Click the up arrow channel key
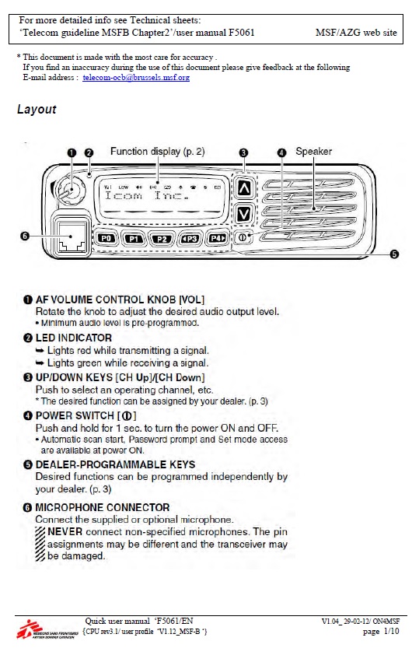pyautogui.click(x=244, y=187)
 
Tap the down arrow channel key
pyautogui.click(x=244, y=212)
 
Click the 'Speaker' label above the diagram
pyautogui.click(x=314, y=152)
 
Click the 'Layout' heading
pyautogui.click(x=37, y=110)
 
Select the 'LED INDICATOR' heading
pyautogui.click(x=74, y=338)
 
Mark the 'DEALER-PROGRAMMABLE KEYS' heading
pyautogui.click(x=116, y=464)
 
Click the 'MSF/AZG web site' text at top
pyautogui.click(x=356, y=33)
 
